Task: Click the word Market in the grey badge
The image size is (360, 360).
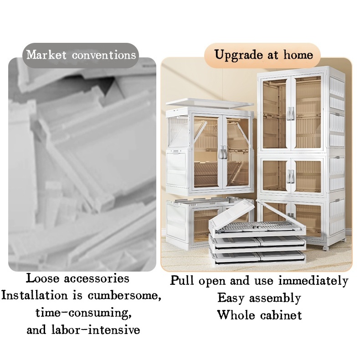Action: coord(46,55)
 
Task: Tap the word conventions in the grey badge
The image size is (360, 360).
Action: coord(104,55)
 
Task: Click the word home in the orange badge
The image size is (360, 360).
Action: coord(298,55)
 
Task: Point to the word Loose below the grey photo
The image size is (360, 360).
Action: coord(42,278)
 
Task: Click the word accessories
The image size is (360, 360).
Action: coord(97,279)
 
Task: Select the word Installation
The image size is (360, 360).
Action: coord(34,295)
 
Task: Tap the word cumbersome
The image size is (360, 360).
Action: coord(124,295)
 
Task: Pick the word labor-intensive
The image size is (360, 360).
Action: coord(96,330)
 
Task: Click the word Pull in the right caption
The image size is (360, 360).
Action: coord(182,281)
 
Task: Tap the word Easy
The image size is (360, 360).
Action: coord(231,298)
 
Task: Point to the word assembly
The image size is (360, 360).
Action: coord(275,298)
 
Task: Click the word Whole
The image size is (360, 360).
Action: coord(236,315)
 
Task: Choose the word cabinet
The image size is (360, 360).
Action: coord(281,315)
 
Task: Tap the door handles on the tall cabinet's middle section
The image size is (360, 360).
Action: coord(291,176)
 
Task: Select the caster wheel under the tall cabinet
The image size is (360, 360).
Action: coord(326,248)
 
